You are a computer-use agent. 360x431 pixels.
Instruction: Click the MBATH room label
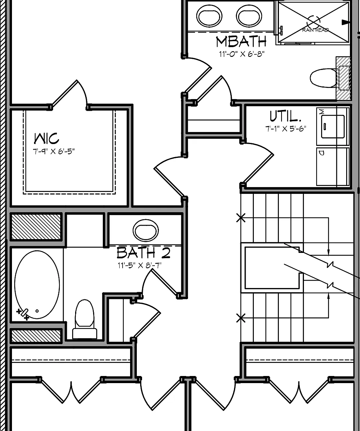click(241, 42)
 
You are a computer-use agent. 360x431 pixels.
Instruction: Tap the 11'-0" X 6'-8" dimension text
click(241, 54)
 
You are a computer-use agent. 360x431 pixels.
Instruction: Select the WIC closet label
click(46, 138)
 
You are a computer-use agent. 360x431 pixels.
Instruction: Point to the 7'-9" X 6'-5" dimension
click(54, 151)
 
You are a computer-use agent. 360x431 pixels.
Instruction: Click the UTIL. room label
click(285, 116)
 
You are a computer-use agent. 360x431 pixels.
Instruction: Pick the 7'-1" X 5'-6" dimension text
click(286, 128)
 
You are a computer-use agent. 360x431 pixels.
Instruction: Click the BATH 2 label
click(143, 253)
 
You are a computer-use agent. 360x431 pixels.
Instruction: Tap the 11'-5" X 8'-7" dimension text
click(139, 265)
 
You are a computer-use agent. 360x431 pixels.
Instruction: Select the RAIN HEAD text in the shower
click(315, 30)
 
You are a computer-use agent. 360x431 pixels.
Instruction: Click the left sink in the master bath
click(209, 16)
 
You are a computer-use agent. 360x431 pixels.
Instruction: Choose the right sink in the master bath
click(249, 16)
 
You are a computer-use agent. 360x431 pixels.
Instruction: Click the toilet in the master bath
click(324, 78)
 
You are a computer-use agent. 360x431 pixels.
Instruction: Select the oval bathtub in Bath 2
click(37, 284)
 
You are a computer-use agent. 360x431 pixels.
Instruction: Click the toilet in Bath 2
click(84, 319)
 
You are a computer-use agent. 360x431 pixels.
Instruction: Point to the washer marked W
click(333, 126)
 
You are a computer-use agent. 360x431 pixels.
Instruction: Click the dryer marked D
click(333, 167)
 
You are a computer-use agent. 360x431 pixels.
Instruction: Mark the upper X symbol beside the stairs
click(241, 218)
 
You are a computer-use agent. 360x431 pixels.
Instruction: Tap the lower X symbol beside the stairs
click(241, 318)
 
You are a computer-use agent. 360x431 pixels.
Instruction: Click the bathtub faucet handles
click(23, 314)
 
